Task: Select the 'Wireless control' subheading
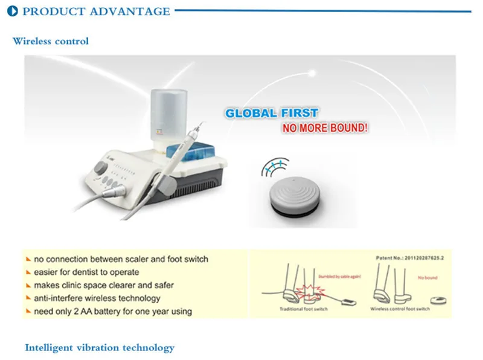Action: point(51,41)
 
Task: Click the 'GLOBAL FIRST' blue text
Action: point(271,113)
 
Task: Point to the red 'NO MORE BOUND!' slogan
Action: point(325,129)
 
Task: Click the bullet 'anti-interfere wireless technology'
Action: point(97,298)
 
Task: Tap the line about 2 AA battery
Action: point(112,311)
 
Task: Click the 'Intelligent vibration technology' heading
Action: point(100,347)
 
